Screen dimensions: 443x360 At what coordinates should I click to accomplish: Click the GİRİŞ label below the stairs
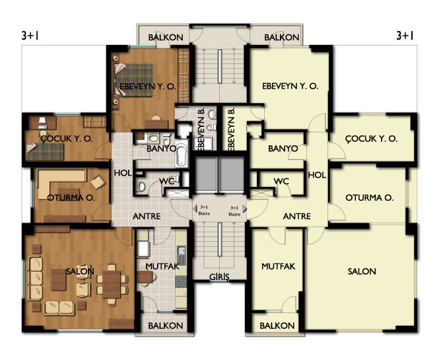pos(219,277)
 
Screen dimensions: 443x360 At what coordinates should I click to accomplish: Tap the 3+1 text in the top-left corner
pos(30,36)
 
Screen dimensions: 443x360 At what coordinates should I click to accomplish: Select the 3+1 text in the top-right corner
pos(405,36)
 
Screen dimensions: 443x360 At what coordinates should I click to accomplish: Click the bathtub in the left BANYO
pos(181,155)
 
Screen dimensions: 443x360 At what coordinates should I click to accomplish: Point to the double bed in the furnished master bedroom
pos(133,80)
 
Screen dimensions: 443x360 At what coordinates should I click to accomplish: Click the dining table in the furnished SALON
pos(112,284)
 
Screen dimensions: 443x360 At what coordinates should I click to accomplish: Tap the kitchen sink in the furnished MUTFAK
pos(182,255)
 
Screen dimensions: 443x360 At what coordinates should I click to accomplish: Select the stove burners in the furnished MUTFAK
pos(181,282)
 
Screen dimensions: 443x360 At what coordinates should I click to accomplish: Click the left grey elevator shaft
pos(206,174)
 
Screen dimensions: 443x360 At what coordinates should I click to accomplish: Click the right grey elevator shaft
pos(231,174)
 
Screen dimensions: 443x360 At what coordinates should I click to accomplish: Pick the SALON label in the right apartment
pos(362,271)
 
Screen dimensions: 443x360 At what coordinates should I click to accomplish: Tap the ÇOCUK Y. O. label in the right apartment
pos(371,139)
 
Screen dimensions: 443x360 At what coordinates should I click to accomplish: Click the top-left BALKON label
pos(166,37)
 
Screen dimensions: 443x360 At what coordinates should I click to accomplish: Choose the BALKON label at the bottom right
pos(277,326)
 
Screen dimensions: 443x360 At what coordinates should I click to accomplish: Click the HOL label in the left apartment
pos(123,173)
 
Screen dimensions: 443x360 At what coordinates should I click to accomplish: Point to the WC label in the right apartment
pos(281,181)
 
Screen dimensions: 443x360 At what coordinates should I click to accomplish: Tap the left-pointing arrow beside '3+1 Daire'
pos(194,208)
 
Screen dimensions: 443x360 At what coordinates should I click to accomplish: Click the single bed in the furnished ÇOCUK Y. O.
pos(45,151)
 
